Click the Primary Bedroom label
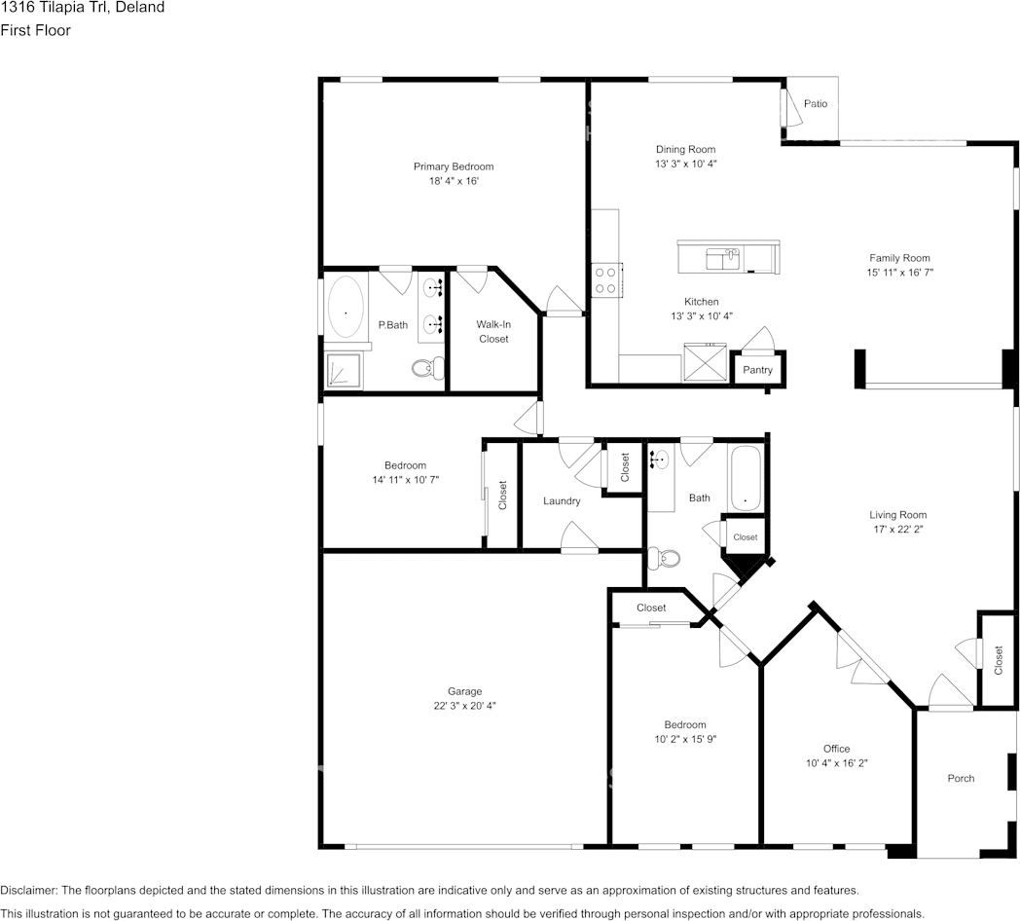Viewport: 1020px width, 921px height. click(453, 166)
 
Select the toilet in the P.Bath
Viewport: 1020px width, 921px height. click(426, 368)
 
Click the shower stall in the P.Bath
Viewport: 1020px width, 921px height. click(343, 370)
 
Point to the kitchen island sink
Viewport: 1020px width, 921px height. click(722, 258)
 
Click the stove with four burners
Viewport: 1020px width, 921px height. click(605, 281)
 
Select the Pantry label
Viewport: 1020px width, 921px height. click(757, 370)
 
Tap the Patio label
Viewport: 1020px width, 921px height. click(816, 103)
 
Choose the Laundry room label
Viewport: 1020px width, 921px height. click(562, 501)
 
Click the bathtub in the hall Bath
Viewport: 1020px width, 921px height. click(747, 478)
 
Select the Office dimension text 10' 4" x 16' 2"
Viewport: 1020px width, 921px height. click(836, 763)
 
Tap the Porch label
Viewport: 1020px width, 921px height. click(961, 778)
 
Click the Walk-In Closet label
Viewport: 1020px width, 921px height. click(493, 331)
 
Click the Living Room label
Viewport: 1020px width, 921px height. click(897, 515)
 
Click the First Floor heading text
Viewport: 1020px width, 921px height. click(35, 30)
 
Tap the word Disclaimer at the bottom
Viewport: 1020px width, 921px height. click(28, 891)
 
